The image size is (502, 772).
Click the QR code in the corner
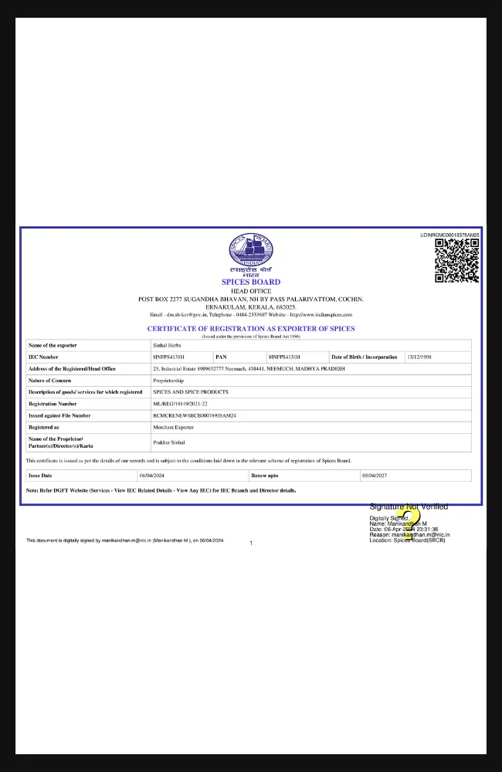pyautogui.click(x=456, y=260)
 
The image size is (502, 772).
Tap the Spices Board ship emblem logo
pyautogui.click(x=251, y=252)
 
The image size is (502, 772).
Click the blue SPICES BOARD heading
pyautogui.click(x=251, y=283)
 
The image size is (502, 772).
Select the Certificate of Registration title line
pyautogui.click(x=251, y=329)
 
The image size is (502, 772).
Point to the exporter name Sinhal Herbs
pyautogui.click(x=167, y=346)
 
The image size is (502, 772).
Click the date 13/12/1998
pyautogui.click(x=419, y=357)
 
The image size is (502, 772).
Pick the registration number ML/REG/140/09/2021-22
pyautogui.click(x=180, y=404)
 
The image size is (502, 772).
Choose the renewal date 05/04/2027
pyautogui.click(x=375, y=476)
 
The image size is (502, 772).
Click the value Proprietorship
pyautogui.click(x=168, y=381)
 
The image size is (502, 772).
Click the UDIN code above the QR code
pyautogui.click(x=449, y=235)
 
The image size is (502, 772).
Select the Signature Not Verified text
pyautogui.click(x=409, y=507)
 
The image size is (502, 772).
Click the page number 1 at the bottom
pyautogui.click(x=251, y=543)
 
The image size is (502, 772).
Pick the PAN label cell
pyautogui.click(x=221, y=357)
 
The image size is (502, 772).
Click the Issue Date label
pyautogui.click(x=40, y=476)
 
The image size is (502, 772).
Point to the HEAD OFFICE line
pyautogui.click(x=251, y=291)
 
